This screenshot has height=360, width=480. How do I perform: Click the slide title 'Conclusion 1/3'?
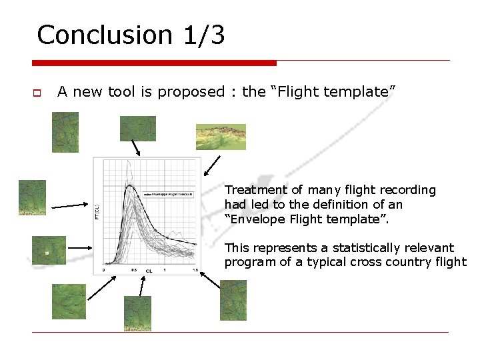coord(131,35)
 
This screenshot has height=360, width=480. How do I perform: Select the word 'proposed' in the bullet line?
coord(196,92)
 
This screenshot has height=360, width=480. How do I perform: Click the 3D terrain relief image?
coord(221,137)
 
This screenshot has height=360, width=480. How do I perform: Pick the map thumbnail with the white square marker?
coord(49,250)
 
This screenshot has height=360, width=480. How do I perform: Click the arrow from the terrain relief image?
coord(212,164)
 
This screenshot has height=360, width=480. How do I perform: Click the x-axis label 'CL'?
coord(148,271)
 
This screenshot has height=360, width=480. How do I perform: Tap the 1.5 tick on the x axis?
coord(195,270)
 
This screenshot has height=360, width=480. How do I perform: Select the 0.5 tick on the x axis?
coord(134,270)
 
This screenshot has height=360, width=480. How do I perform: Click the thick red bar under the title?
coord(154,63)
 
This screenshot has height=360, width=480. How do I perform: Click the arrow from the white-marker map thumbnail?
coord(83,247)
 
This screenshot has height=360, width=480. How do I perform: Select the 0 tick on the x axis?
coord(103,270)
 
